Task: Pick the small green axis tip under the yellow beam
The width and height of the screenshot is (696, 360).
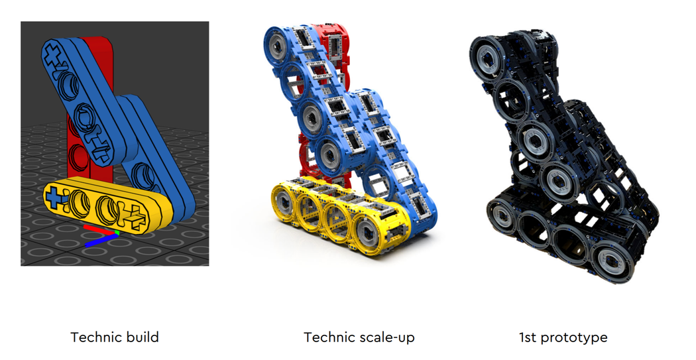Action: click(117, 233)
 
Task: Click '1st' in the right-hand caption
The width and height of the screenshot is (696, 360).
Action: click(528, 337)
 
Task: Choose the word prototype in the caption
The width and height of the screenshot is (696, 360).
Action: click(574, 337)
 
